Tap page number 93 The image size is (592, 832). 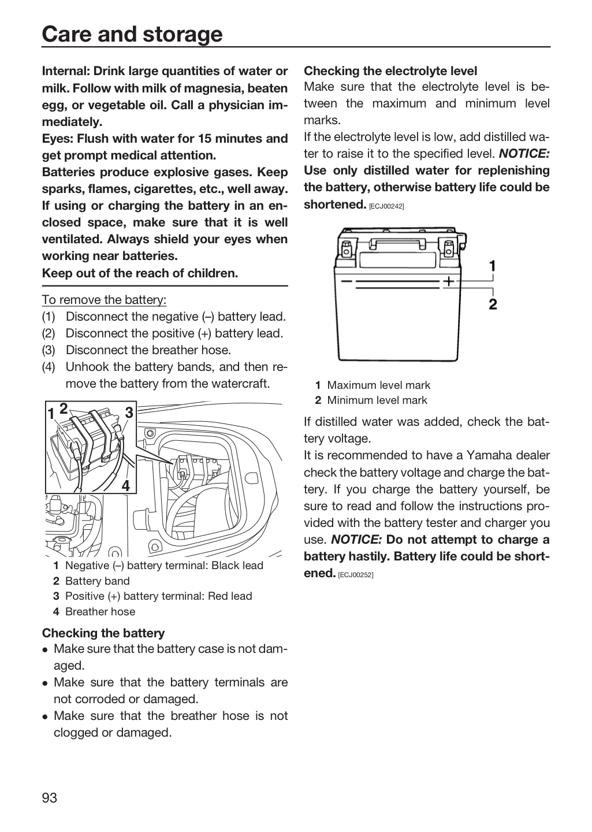pos(50,797)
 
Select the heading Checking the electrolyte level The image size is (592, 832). pos(390,70)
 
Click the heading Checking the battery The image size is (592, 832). pos(103,633)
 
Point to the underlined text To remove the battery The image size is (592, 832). pos(104,299)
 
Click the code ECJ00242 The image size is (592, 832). pos(386,206)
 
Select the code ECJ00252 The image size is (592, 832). pos(355,575)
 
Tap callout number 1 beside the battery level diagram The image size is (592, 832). pos(493,266)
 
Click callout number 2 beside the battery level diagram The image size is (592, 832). pos(493,304)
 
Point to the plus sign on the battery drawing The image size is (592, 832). pos(449,281)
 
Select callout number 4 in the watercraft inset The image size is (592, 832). pos(126,485)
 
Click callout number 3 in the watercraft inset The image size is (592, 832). pos(129,413)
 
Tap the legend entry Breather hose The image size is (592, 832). pos(100,611)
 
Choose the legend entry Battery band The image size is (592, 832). pos(97,581)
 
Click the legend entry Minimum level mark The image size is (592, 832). pos(377,400)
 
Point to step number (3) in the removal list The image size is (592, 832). pos(49,350)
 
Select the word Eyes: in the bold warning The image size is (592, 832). pos(58,139)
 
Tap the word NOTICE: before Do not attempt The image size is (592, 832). pos(356,539)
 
